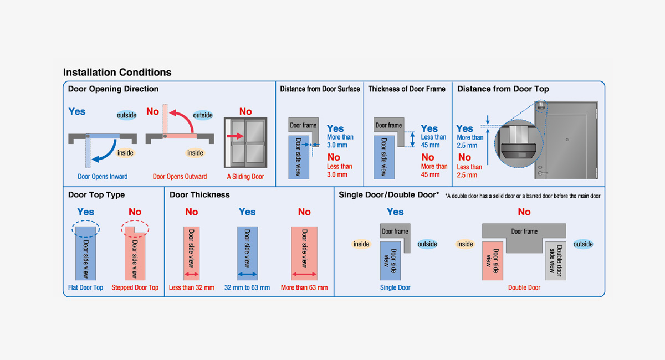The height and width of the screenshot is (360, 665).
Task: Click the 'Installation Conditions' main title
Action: point(117,73)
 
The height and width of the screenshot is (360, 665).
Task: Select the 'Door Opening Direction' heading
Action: point(113,89)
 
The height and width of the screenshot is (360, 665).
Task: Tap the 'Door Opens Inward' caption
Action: point(103,177)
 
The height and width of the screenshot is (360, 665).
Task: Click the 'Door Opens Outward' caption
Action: point(180,177)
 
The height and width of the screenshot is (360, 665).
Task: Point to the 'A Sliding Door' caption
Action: point(245,177)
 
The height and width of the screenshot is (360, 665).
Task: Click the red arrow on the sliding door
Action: point(236,136)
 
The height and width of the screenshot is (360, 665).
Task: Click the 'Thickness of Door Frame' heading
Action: point(407,89)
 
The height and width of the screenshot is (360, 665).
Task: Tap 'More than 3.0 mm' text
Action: point(340,141)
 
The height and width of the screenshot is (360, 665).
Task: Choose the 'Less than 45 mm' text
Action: point(433,141)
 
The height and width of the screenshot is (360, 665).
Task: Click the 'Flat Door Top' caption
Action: point(85,287)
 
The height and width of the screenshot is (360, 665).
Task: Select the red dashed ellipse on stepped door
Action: point(135,228)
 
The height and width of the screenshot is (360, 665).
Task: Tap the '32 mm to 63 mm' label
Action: point(247,287)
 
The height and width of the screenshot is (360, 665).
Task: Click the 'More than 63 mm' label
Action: point(304,287)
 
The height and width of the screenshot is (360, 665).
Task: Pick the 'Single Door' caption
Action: point(395,287)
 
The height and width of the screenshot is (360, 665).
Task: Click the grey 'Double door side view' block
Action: point(555,260)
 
